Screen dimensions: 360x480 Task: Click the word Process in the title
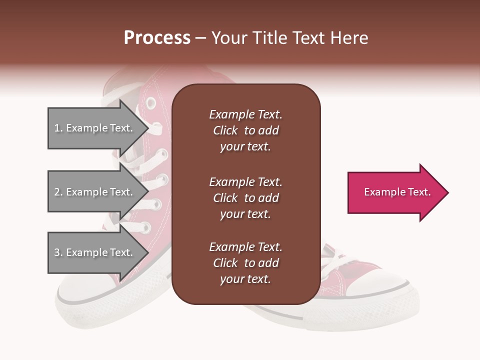click(157, 38)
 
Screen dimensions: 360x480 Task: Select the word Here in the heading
click(349, 38)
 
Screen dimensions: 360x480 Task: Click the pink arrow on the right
click(395, 192)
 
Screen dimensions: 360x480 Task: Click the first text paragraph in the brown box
click(245, 130)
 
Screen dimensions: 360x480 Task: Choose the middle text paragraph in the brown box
click(245, 198)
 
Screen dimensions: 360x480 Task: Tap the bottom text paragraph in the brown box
click(245, 263)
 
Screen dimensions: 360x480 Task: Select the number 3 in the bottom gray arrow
click(57, 252)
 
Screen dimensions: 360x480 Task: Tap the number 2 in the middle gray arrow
click(57, 192)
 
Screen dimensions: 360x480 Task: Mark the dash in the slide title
click(200, 38)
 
